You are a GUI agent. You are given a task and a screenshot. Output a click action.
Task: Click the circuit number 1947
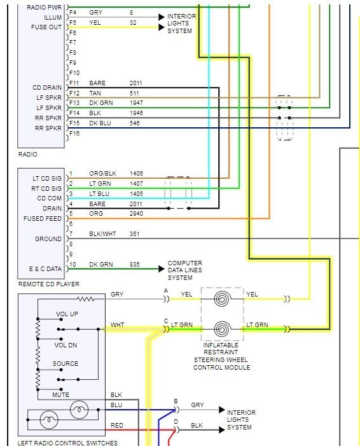click(x=136, y=102)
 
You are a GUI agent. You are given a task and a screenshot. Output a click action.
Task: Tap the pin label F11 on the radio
click(x=73, y=83)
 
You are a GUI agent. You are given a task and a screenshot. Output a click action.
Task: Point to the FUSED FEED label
click(x=43, y=219)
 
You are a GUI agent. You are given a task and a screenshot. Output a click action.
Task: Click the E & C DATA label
click(x=45, y=268)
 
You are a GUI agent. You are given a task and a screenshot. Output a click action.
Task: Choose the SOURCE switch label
click(x=66, y=364)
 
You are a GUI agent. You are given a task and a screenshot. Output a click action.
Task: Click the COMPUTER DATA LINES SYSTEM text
click(x=184, y=270)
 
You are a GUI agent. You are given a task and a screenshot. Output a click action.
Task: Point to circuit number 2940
click(x=136, y=214)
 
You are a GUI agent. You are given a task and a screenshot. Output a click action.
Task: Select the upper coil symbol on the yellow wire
click(x=221, y=298)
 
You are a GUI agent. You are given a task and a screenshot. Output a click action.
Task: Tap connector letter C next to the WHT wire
click(x=166, y=321)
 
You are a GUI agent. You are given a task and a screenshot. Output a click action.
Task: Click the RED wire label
click(x=117, y=425)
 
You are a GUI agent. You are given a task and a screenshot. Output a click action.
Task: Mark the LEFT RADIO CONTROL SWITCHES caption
click(x=67, y=443)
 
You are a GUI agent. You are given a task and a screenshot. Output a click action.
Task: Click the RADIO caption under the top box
click(x=27, y=154)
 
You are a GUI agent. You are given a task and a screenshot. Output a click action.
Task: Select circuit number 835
click(x=134, y=265)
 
